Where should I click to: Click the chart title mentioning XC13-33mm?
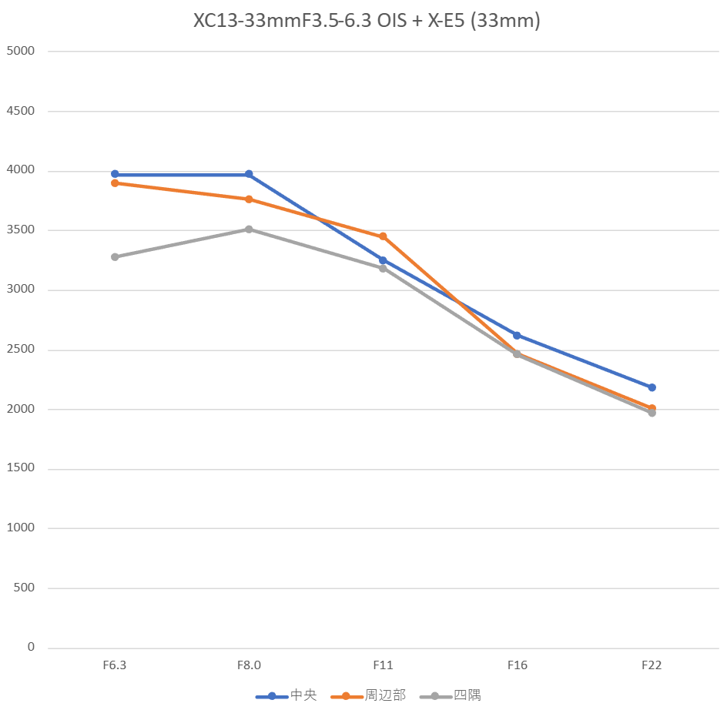point(367,21)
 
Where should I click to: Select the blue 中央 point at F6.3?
point(115,174)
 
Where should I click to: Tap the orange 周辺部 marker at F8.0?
point(249,199)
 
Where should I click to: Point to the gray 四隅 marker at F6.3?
point(115,256)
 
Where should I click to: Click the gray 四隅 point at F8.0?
point(249,229)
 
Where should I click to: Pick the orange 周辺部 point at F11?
point(383,236)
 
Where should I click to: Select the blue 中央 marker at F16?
point(517,335)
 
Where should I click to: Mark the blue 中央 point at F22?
point(652,387)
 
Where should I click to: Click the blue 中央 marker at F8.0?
point(249,174)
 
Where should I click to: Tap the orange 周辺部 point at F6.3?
point(115,183)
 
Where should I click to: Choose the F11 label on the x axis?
point(383,665)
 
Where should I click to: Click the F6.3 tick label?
point(115,665)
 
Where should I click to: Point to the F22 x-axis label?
point(652,665)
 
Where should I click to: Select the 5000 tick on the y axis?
point(21,52)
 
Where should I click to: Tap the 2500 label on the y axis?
point(21,350)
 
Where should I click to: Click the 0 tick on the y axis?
point(31,647)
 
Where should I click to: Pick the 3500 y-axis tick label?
point(21,230)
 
